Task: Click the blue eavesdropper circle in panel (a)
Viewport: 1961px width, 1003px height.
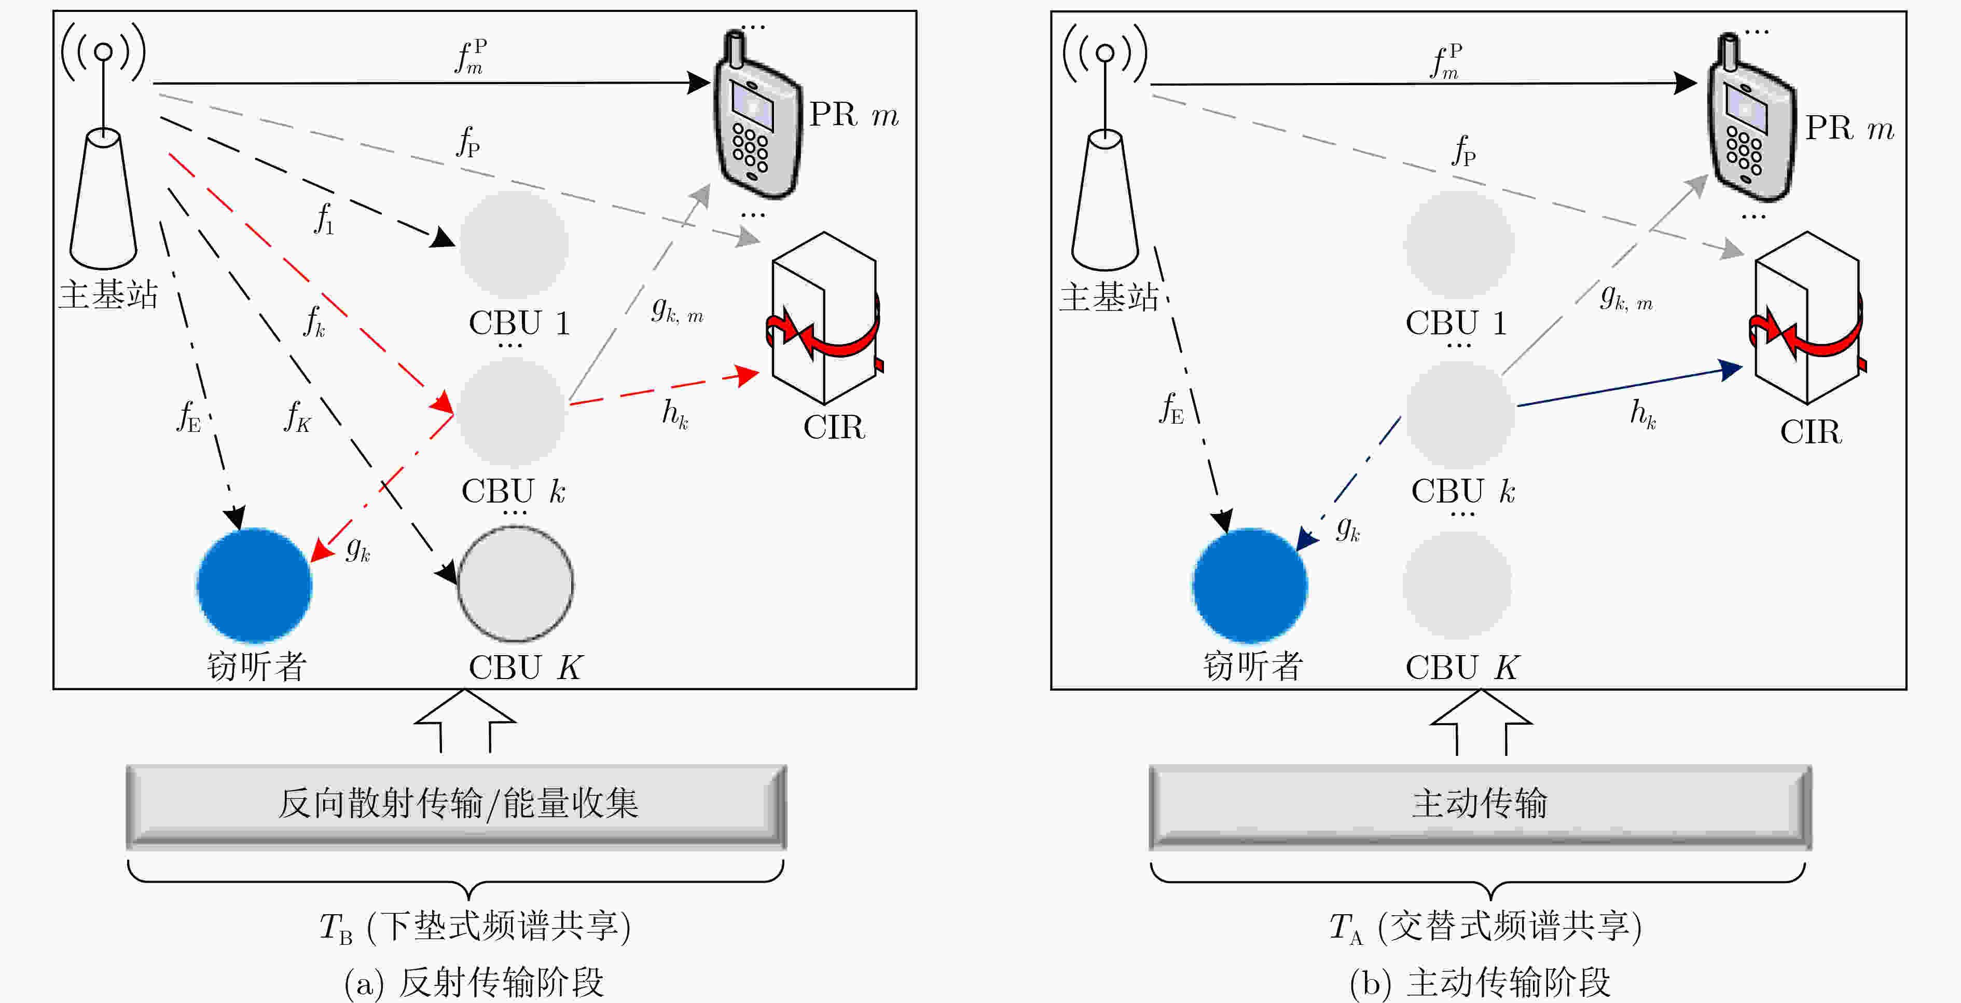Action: point(254,585)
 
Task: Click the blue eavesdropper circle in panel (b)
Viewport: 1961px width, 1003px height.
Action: point(1250,585)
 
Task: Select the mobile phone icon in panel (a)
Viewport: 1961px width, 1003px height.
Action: point(757,114)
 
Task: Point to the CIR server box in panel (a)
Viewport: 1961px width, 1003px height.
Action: point(824,318)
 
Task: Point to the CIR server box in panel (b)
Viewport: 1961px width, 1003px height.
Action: point(1808,318)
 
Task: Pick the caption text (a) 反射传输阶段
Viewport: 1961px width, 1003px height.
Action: point(474,982)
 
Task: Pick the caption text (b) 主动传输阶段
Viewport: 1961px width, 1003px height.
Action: point(1480,982)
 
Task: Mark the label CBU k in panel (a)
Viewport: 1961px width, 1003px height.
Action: point(513,491)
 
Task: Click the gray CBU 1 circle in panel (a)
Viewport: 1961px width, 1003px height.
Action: point(514,243)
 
